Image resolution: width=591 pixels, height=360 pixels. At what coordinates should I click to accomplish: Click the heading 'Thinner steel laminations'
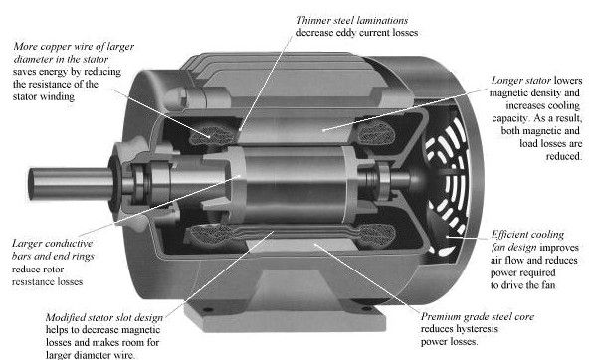pyautogui.click(x=352, y=20)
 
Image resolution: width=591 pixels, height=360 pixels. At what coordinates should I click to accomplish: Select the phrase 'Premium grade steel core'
pyautogui.click(x=478, y=316)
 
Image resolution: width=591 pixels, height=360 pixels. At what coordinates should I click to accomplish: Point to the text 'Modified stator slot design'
pyautogui.click(x=104, y=318)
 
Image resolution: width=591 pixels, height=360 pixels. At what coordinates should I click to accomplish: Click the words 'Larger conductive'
pyautogui.click(x=52, y=244)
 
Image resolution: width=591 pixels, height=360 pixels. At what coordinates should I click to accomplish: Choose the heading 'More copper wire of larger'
pyautogui.click(x=74, y=47)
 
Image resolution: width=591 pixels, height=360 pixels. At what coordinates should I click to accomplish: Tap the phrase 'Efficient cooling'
pyautogui.click(x=527, y=235)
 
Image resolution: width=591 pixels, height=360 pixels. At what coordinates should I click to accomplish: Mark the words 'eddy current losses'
pyautogui.click(x=376, y=33)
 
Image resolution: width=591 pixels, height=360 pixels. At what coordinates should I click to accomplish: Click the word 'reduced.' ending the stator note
pyautogui.click(x=563, y=156)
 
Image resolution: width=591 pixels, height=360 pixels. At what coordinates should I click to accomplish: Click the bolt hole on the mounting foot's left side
pyautogui.click(x=207, y=310)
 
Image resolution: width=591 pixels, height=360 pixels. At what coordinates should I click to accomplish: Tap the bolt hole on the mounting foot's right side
pyautogui.click(x=366, y=309)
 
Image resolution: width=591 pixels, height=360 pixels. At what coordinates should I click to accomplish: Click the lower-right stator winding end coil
pyautogui.click(x=376, y=236)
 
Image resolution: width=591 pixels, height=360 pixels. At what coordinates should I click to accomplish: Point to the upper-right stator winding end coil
pyautogui.click(x=375, y=132)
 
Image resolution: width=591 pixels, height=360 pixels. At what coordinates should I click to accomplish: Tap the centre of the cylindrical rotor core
pyautogui.click(x=295, y=185)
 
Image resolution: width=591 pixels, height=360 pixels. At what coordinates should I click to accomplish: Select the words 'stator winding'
pyautogui.click(x=44, y=96)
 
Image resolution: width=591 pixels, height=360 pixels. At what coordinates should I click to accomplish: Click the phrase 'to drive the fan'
pyautogui.click(x=522, y=285)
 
